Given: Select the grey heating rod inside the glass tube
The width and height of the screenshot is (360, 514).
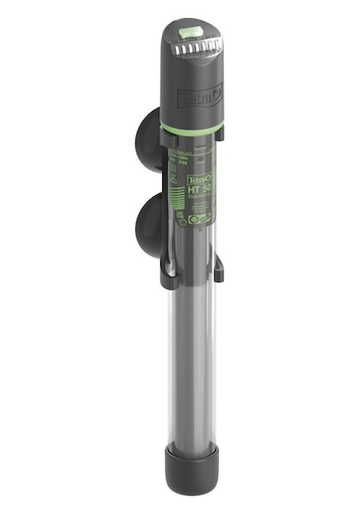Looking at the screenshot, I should coord(182,365).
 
